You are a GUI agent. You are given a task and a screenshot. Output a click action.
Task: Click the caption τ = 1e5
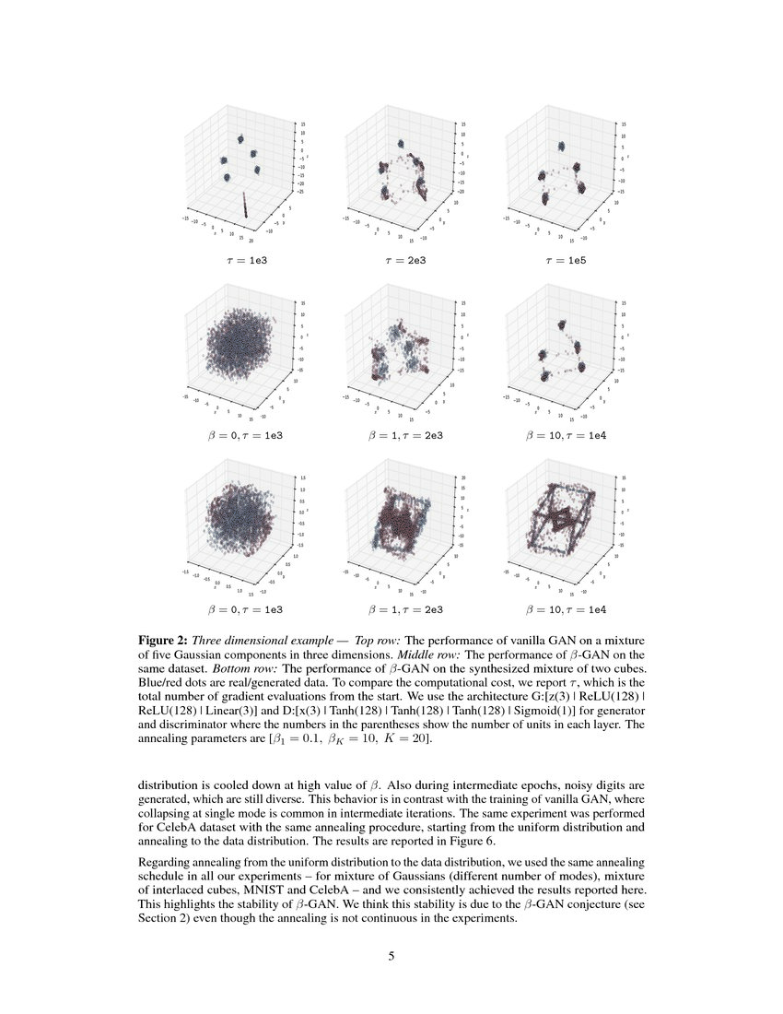pyautogui.click(x=563, y=261)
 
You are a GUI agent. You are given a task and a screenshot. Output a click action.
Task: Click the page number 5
pyautogui.click(x=391, y=956)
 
